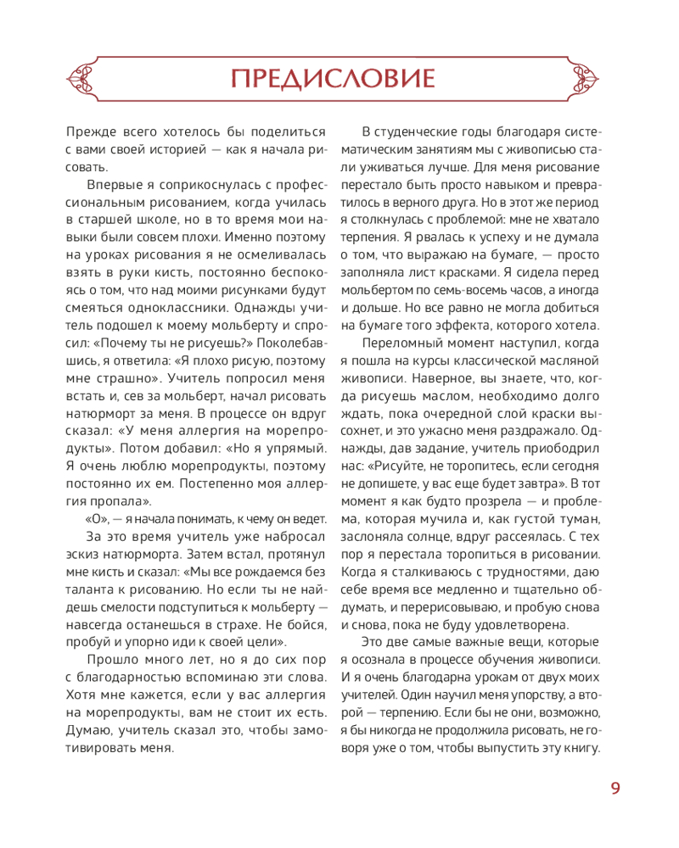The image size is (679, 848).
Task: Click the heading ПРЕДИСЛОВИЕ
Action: coord(333,79)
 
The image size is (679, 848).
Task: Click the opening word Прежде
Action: coord(89,131)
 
